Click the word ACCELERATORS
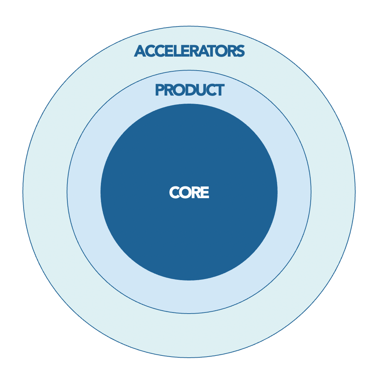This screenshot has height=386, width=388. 189,51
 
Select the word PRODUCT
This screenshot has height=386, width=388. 190,90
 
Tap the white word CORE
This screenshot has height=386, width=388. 189,192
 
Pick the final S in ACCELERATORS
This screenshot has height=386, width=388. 240,51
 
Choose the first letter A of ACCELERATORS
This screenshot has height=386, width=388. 140,51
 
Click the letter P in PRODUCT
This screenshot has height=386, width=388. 159,90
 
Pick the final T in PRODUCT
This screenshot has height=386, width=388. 219,90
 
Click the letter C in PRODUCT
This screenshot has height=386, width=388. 210,90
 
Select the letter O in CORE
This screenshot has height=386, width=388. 186,192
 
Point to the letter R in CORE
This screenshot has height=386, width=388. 197,192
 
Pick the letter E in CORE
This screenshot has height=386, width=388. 205,192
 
